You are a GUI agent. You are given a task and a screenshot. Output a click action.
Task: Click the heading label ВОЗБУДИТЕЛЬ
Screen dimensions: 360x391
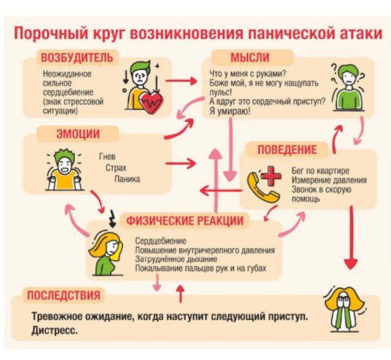click(76, 58)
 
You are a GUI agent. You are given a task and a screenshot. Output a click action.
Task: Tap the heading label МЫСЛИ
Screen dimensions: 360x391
click(249, 58)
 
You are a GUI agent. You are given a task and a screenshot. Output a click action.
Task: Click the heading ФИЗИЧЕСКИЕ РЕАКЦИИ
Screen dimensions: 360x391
click(185, 221)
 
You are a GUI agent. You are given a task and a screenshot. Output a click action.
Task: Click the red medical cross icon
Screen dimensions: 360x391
click(269, 177)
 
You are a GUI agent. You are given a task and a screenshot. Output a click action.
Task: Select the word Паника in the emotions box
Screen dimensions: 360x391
click(127, 179)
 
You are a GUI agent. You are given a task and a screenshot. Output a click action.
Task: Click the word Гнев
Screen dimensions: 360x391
click(107, 156)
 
